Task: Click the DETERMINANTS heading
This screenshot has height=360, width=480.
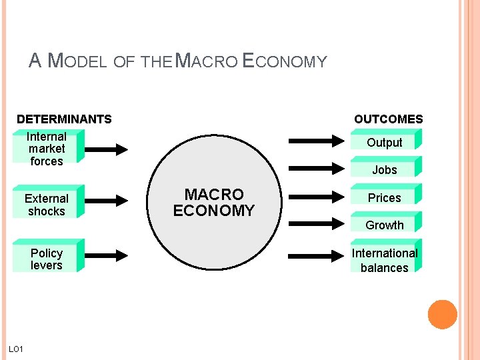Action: click(x=64, y=119)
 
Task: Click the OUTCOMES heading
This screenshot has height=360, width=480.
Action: click(x=388, y=119)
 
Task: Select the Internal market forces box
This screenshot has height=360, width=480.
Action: click(x=47, y=148)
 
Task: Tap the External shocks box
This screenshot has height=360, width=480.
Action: click(x=47, y=204)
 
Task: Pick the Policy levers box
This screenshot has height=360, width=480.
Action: click(x=47, y=259)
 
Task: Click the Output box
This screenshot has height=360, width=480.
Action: click(x=385, y=142)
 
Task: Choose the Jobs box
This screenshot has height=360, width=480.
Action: click(x=385, y=169)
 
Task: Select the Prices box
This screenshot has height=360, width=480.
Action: click(x=385, y=197)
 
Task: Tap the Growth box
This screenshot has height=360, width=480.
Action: click(x=385, y=225)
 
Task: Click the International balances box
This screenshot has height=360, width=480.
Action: click(x=385, y=260)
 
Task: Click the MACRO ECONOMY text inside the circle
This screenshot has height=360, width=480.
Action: click(x=213, y=203)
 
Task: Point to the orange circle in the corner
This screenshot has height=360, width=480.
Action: click(x=442, y=315)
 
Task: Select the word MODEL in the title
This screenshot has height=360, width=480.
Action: click(x=79, y=62)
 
